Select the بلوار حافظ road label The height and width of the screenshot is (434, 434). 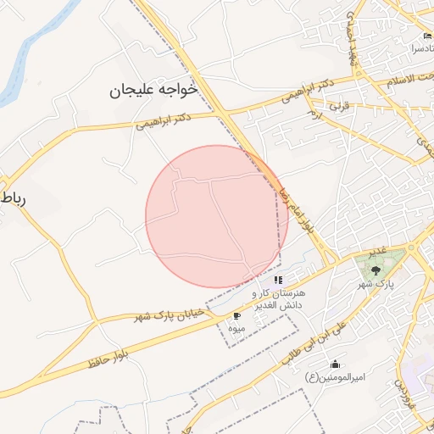coord(102,357)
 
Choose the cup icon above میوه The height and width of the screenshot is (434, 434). coord(236,316)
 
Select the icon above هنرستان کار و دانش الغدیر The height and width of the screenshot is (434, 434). coord(278,279)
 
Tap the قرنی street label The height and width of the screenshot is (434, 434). coord(339,106)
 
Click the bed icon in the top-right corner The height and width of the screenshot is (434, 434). coord(427,36)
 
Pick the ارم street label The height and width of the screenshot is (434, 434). coord(315,114)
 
